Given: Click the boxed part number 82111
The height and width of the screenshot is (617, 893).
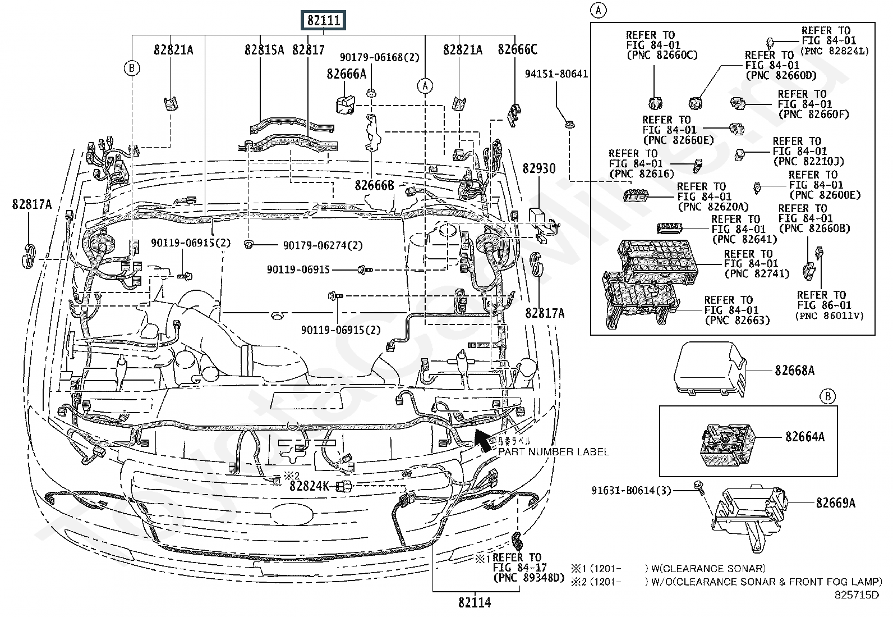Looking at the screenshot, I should point(324,21).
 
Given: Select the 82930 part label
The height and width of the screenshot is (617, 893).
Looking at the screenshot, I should point(539,168).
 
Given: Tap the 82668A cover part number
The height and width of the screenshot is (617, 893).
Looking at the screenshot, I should point(794,371).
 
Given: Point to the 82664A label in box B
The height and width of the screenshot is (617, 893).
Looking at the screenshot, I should point(804,436).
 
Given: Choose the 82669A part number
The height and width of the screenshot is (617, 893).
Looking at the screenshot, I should point(835,503).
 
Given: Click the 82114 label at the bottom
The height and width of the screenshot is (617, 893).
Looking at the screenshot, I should point(474,602).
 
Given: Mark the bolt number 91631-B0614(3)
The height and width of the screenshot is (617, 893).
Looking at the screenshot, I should point(631,490).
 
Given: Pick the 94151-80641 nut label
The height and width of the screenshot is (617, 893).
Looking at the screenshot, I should point(556,74).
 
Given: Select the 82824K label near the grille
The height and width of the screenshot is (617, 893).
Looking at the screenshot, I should point(309,486).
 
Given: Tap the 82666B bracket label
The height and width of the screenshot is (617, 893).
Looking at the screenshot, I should point(374,185).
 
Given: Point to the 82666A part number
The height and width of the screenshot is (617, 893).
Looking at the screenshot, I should point(347,74).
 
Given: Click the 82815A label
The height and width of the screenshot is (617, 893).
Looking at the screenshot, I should point(264,50).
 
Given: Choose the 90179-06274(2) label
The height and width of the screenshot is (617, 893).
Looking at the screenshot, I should point(323,246).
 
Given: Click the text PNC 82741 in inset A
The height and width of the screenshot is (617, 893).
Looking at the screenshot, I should point(757,274).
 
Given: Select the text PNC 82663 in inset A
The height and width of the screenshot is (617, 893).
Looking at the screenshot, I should point(737,321).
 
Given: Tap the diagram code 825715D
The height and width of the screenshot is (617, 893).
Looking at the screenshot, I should point(857,595).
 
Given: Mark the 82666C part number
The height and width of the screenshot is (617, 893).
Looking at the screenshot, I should point(517,50).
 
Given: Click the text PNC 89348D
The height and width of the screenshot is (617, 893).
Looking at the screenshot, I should point(528,578).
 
